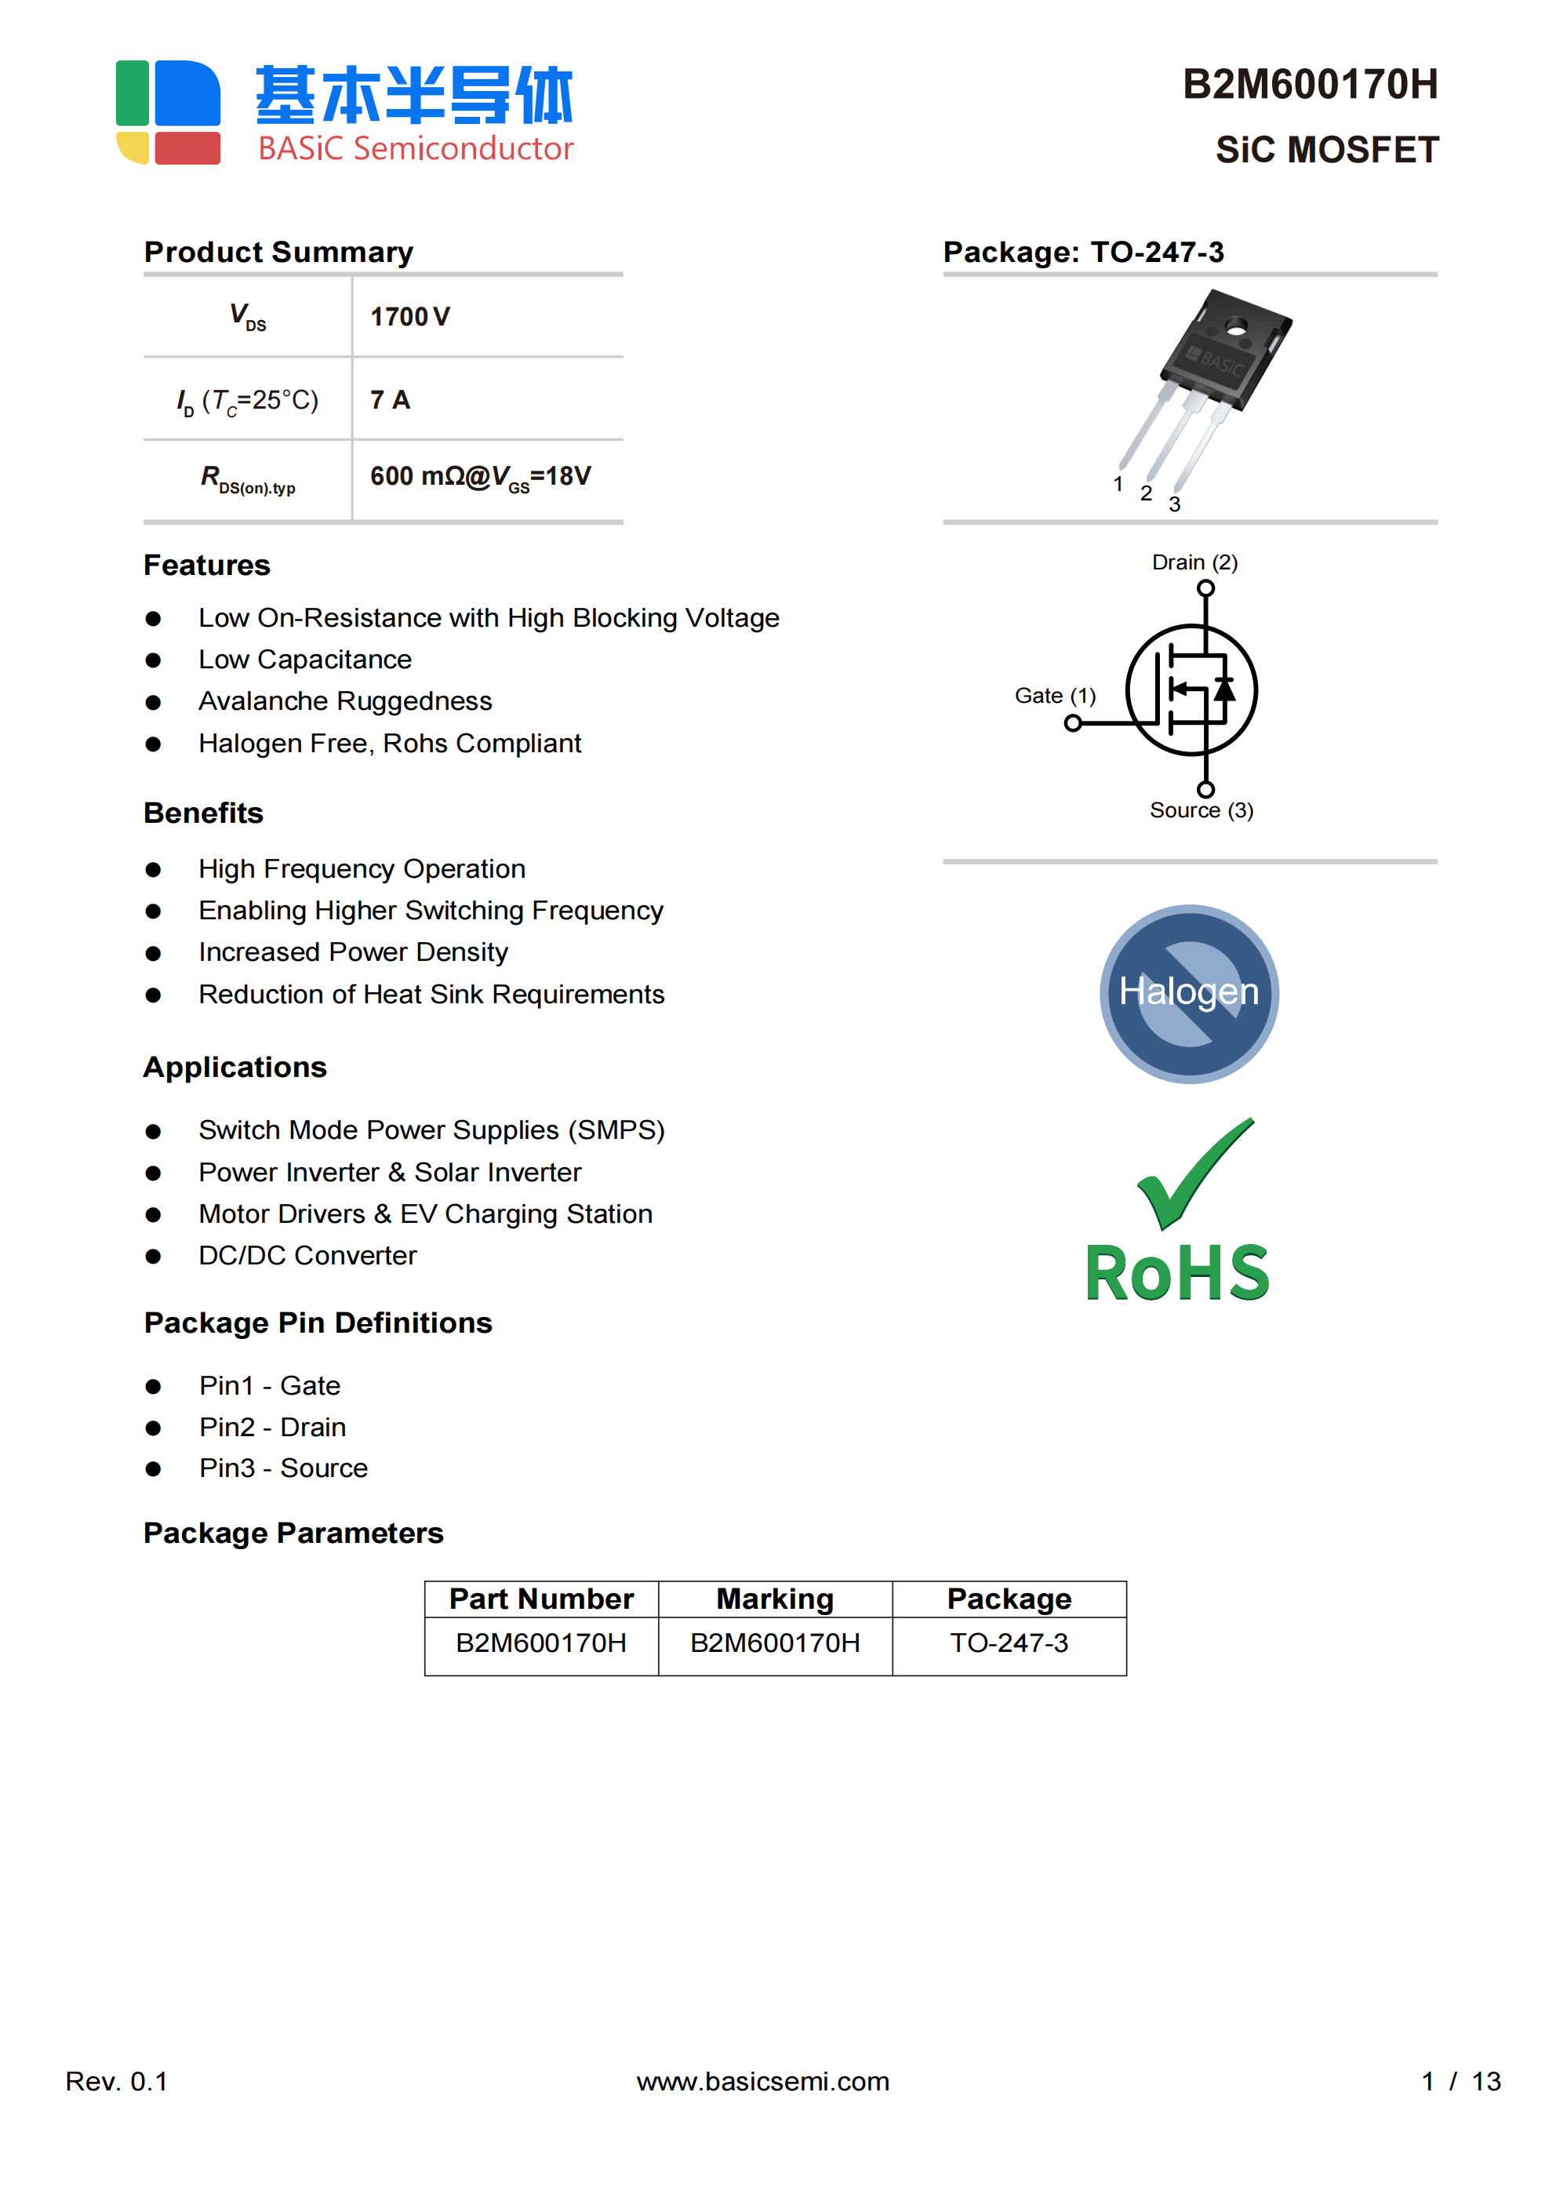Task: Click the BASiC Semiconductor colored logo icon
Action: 169,112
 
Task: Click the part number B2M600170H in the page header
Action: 1309,85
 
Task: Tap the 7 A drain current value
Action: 391,400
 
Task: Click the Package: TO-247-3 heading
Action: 1083,252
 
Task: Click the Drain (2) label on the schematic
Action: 1194,562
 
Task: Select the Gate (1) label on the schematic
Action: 1055,696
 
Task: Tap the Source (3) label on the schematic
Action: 1202,810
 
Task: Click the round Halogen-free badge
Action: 1189,994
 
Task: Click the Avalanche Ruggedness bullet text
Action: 345,702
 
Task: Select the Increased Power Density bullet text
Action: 353,952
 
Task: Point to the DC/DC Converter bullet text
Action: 307,1256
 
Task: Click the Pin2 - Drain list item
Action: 272,1428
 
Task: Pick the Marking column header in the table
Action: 775,1599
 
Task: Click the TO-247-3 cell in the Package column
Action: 1009,1643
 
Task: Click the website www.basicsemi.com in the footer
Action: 763,2081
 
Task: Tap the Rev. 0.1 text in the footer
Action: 116,2081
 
